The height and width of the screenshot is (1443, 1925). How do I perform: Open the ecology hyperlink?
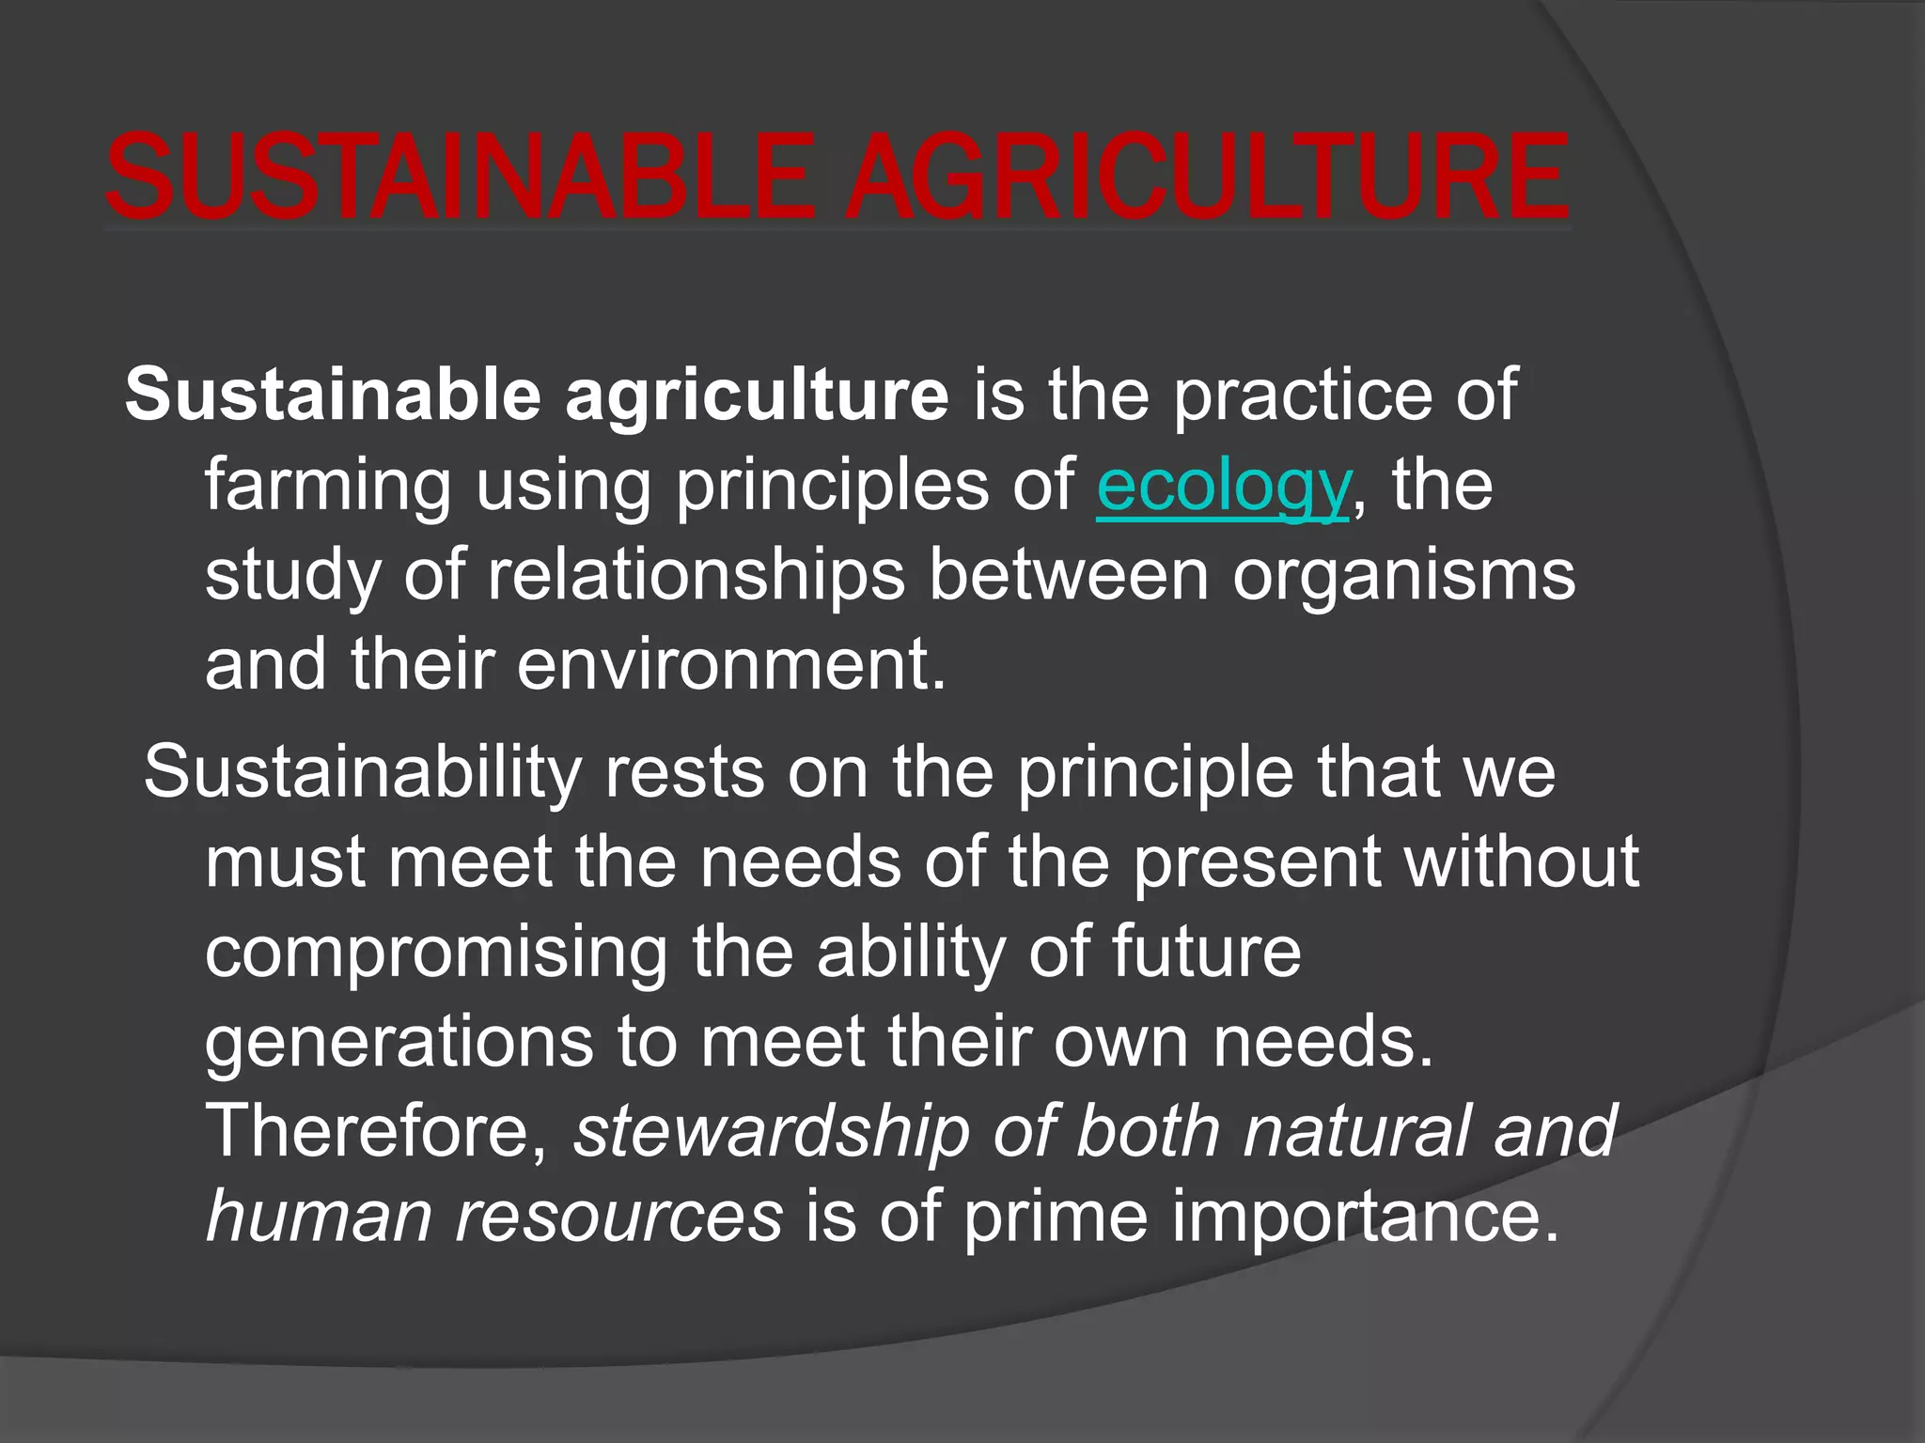coord(1223,487)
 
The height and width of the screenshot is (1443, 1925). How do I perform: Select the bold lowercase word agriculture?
coord(757,395)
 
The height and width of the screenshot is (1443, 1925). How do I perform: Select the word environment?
coord(730,664)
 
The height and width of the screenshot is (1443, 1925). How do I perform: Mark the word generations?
coord(399,1042)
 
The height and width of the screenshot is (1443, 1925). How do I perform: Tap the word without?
coord(1522,861)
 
